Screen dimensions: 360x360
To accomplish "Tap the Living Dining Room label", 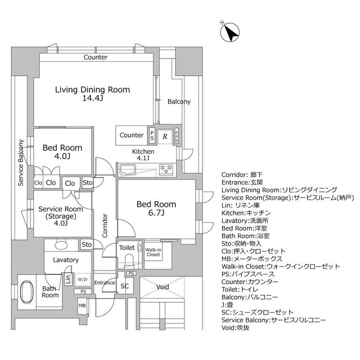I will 92,89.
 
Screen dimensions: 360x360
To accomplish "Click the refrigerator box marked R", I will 165,136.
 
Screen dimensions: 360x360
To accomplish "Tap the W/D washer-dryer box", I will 83,278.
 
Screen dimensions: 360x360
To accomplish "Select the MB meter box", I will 82,306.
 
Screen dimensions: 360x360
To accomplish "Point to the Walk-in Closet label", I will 153,251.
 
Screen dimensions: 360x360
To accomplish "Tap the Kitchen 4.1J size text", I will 143,158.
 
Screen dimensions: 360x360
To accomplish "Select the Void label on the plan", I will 163,287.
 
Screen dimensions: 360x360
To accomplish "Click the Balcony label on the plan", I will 179,102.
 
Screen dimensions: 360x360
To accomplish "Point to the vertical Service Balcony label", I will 21,159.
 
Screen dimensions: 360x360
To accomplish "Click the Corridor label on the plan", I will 105,226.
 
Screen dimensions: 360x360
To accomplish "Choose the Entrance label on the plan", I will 105,282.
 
